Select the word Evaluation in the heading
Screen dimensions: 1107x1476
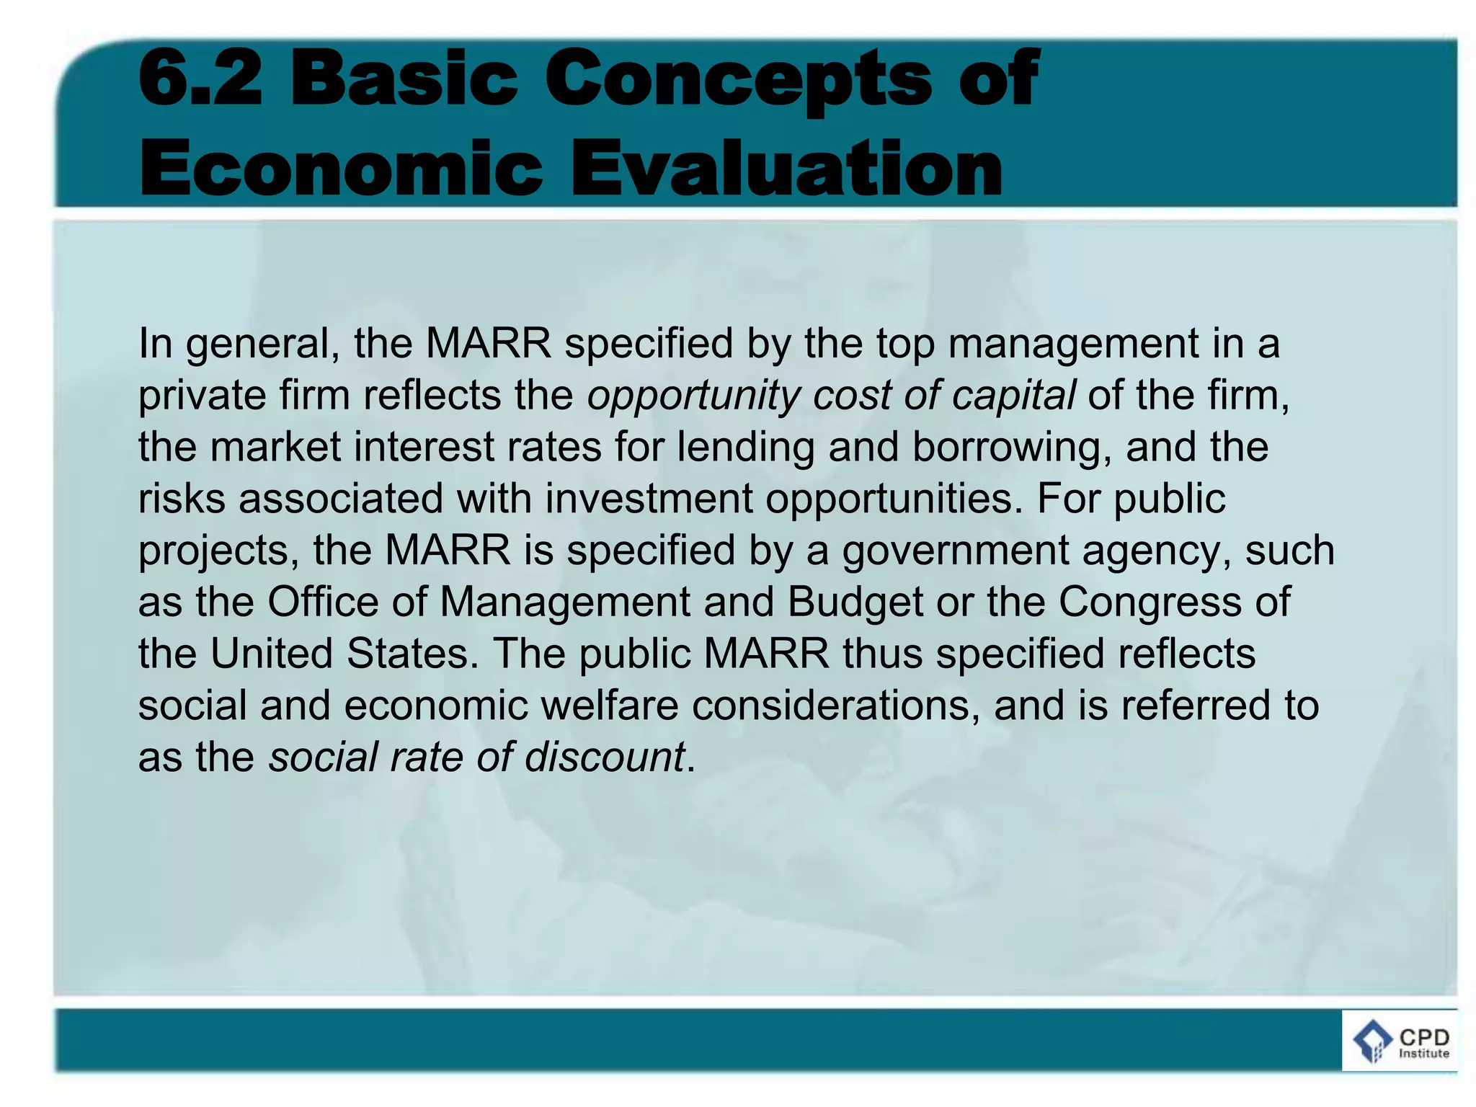coord(786,168)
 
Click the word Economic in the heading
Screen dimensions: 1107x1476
coord(341,168)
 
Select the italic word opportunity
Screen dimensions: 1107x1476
coord(693,396)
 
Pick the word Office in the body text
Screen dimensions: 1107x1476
coord(323,602)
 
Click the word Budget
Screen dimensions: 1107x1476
coord(855,602)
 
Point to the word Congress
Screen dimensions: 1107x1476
coord(1150,602)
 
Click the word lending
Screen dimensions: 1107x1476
coord(745,448)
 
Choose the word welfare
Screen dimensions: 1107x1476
coord(610,706)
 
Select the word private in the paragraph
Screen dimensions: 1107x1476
coord(203,396)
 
